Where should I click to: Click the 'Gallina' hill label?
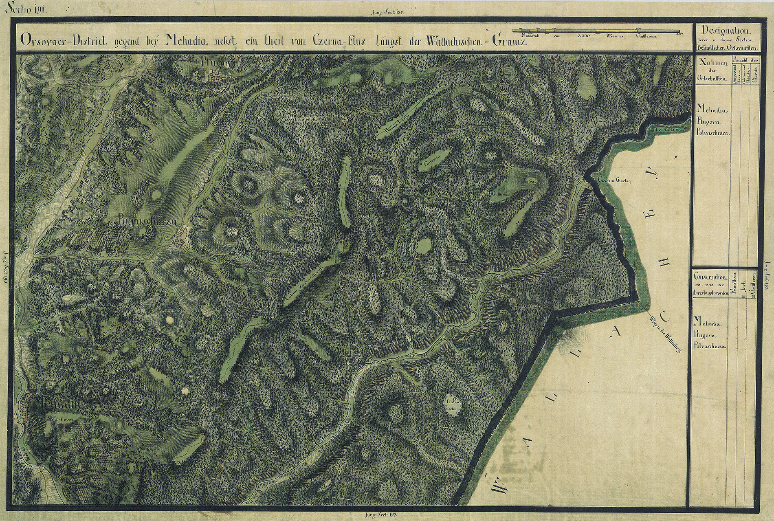[x=498, y=195]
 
